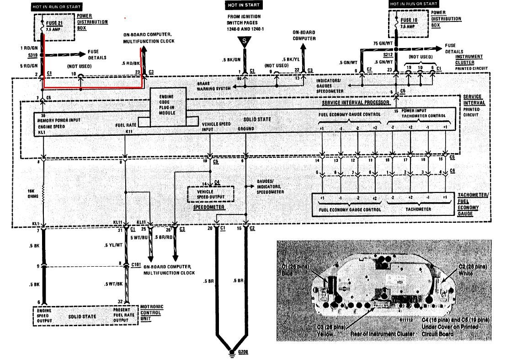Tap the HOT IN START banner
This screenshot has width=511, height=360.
[243, 5]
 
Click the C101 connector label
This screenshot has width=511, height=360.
[136, 264]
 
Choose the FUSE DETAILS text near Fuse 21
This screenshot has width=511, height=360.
[96, 55]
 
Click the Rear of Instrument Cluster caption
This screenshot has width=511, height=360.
[382, 334]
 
